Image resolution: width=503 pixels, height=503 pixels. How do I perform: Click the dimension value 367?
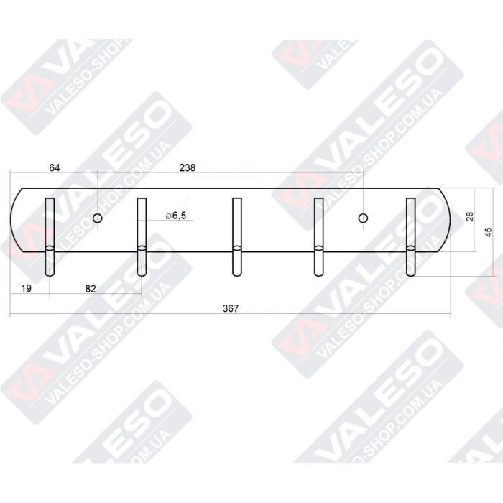click(x=230, y=308)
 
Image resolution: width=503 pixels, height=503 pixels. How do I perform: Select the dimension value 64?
click(x=54, y=167)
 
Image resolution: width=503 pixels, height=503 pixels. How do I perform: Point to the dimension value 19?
click(x=27, y=288)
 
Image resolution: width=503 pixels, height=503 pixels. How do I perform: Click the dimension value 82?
click(x=91, y=288)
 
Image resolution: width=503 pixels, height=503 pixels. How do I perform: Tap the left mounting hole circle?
click(x=98, y=217)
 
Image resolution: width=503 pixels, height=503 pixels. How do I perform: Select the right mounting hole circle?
click(x=363, y=217)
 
